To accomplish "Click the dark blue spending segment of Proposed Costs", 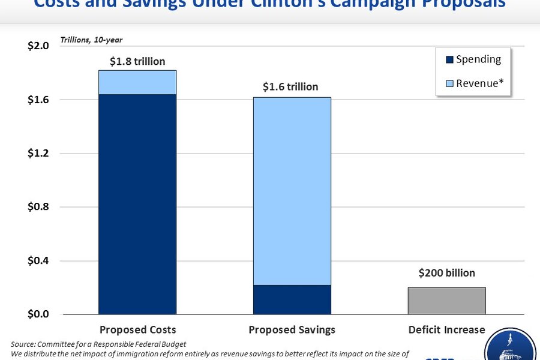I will [137, 204].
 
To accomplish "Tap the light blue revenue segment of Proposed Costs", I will [137, 82].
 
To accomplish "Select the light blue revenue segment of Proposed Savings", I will [292, 191].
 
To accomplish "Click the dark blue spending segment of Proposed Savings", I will [292, 299].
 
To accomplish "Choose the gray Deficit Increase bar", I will [446, 301].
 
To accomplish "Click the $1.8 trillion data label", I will [137, 61].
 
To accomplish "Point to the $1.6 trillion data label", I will [290, 87].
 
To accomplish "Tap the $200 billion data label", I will [446, 273].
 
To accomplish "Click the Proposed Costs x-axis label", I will [137, 329].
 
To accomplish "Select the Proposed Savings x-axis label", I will [292, 329].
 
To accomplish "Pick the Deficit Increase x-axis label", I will [446, 329].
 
